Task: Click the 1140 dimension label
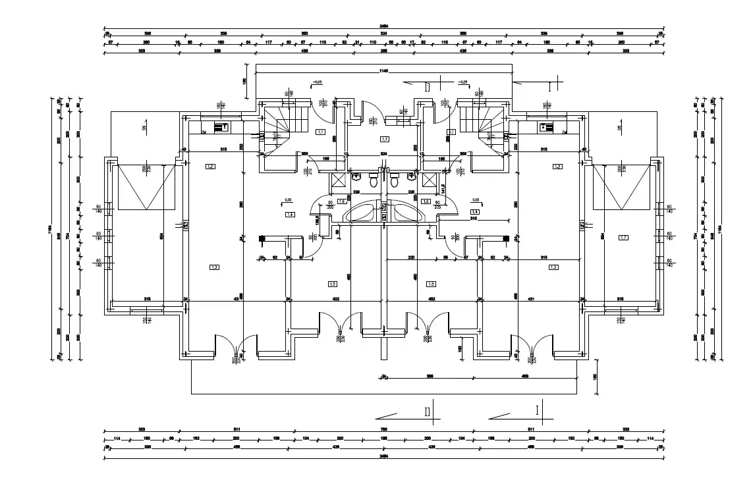(x=382, y=70)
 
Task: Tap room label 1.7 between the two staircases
(x=385, y=139)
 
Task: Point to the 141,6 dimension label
(x=444, y=188)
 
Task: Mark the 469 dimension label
(x=525, y=377)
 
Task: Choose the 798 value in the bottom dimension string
(x=382, y=429)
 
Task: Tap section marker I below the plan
(x=538, y=410)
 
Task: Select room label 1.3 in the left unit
(x=214, y=267)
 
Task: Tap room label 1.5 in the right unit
(x=432, y=284)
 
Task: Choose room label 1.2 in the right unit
(x=557, y=167)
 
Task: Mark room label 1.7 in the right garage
(x=623, y=237)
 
